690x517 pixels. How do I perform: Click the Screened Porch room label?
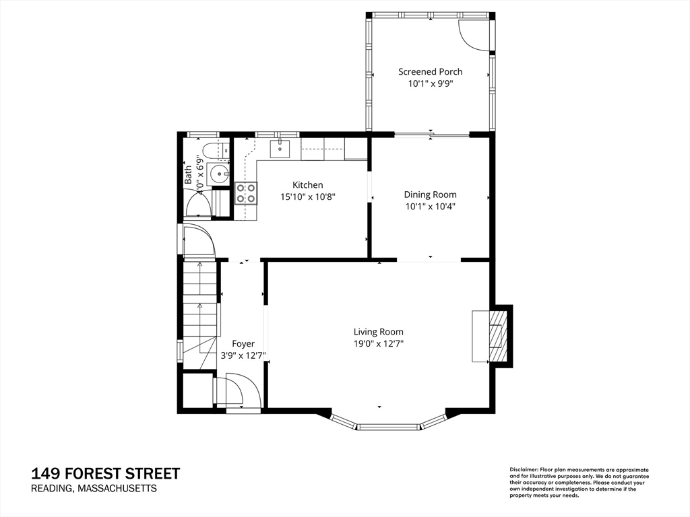pos(430,71)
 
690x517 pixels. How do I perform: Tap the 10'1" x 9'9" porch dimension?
pos(430,84)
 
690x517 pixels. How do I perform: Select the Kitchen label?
pos(307,184)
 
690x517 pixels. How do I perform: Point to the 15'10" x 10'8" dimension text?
pos(307,197)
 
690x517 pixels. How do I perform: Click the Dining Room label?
pos(430,195)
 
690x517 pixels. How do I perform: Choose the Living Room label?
pos(378,331)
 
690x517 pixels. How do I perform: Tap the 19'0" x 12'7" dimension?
pos(378,344)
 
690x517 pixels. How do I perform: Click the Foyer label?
pos(243,343)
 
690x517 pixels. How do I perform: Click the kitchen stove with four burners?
pos(246,194)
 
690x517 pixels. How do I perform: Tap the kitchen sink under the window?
pos(280,148)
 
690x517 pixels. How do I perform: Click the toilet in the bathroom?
pos(208,151)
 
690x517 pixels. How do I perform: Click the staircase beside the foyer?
pos(199,303)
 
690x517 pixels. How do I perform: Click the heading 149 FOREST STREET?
pos(106,473)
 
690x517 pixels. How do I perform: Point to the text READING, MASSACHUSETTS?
pos(94,489)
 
